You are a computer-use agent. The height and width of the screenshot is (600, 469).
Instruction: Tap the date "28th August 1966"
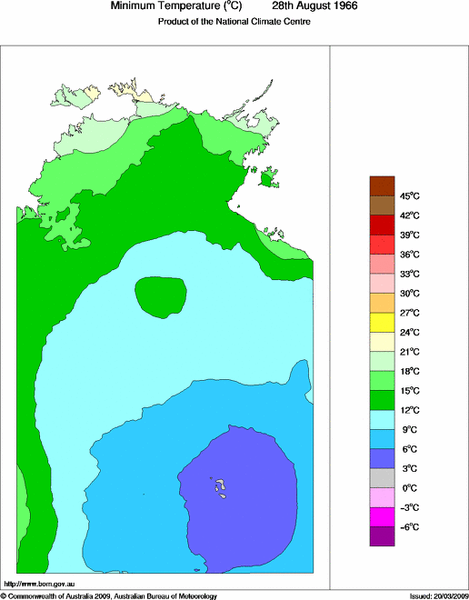pyautogui.click(x=314, y=6)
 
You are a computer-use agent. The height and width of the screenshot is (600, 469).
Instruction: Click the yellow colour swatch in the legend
pyautogui.click(x=382, y=322)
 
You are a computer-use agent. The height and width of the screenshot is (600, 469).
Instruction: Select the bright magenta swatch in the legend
pyautogui.click(x=382, y=517)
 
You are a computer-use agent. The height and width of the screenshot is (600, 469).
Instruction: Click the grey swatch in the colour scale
pyautogui.click(x=382, y=478)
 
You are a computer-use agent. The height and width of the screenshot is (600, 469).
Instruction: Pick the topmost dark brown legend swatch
pyautogui.click(x=382, y=185)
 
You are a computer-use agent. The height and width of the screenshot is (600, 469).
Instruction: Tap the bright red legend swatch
pyautogui.click(x=382, y=244)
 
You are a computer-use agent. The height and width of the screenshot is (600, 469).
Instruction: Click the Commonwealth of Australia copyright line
pyautogui.click(x=109, y=595)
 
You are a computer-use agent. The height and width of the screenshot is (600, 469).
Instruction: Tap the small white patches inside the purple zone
pyautogui.click(x=219, y=487)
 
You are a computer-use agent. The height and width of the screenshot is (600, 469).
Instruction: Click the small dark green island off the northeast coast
pyautogui.click(x=266, y=181)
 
